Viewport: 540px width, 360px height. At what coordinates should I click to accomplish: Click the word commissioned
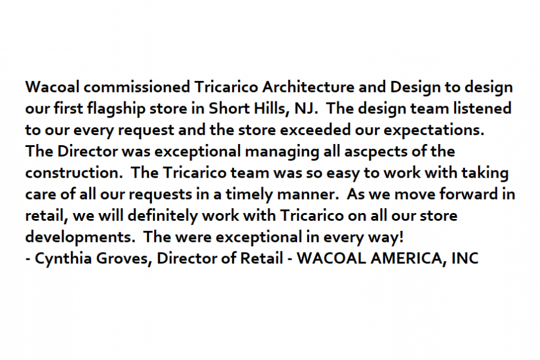pos(137,87)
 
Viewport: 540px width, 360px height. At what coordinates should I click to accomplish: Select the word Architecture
pos(308,87)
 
